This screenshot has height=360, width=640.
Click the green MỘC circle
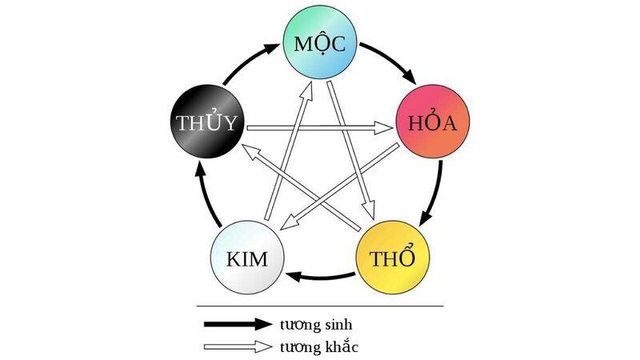click(x=319, y=45)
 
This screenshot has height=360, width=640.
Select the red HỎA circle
click(x=432, y=125)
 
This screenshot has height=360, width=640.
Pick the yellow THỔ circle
click(x=389, y=258)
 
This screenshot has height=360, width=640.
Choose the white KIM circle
click(x=249, y=258)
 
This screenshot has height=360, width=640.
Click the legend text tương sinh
click(x=316, y=325)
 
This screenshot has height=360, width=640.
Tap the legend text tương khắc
click(x=318, y=347)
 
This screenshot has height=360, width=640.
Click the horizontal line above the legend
click(x=320, y=306)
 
